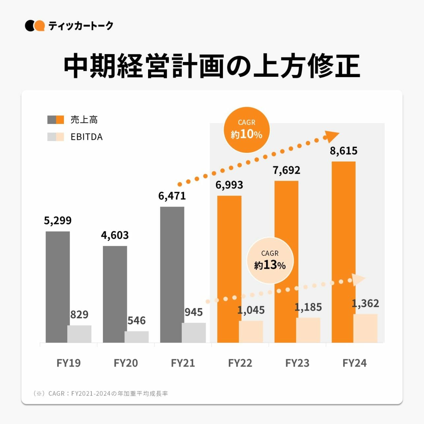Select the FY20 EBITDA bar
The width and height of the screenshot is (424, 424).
click(136, 337)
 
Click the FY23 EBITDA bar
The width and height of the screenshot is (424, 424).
click(308, 330)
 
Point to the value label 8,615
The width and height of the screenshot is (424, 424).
click(344, 151)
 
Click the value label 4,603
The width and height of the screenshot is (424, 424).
click(115, 235)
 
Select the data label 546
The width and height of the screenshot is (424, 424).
click(136, 320)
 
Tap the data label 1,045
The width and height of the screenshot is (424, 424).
click(251, 310)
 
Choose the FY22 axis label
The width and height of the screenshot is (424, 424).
click(240, 363)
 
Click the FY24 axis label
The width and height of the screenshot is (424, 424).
click(354, 363)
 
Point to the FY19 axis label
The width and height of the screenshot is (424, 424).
click(69, 363)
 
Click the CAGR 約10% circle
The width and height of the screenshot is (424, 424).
click(247, 130)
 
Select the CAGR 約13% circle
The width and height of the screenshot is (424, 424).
click(270, 260)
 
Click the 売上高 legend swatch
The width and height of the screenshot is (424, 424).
click(55, 120)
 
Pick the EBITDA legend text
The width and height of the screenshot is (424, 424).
click(86, 137)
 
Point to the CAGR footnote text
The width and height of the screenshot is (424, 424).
click(101, 393)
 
